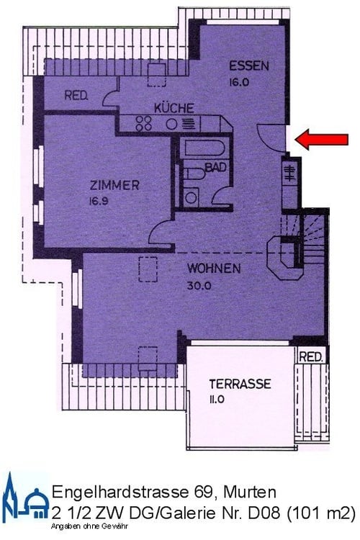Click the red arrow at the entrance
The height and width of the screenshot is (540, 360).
point(318,139)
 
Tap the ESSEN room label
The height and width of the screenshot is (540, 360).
point(249,66)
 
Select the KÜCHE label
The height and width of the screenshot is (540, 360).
point(173,108)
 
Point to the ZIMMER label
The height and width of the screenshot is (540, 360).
point(109,186)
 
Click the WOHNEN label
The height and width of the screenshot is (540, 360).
point(214,269)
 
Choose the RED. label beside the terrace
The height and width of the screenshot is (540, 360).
point(311,357)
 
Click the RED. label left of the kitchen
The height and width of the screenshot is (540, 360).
point(76,96)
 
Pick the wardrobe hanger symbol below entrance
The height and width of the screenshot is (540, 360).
point(289,174)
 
